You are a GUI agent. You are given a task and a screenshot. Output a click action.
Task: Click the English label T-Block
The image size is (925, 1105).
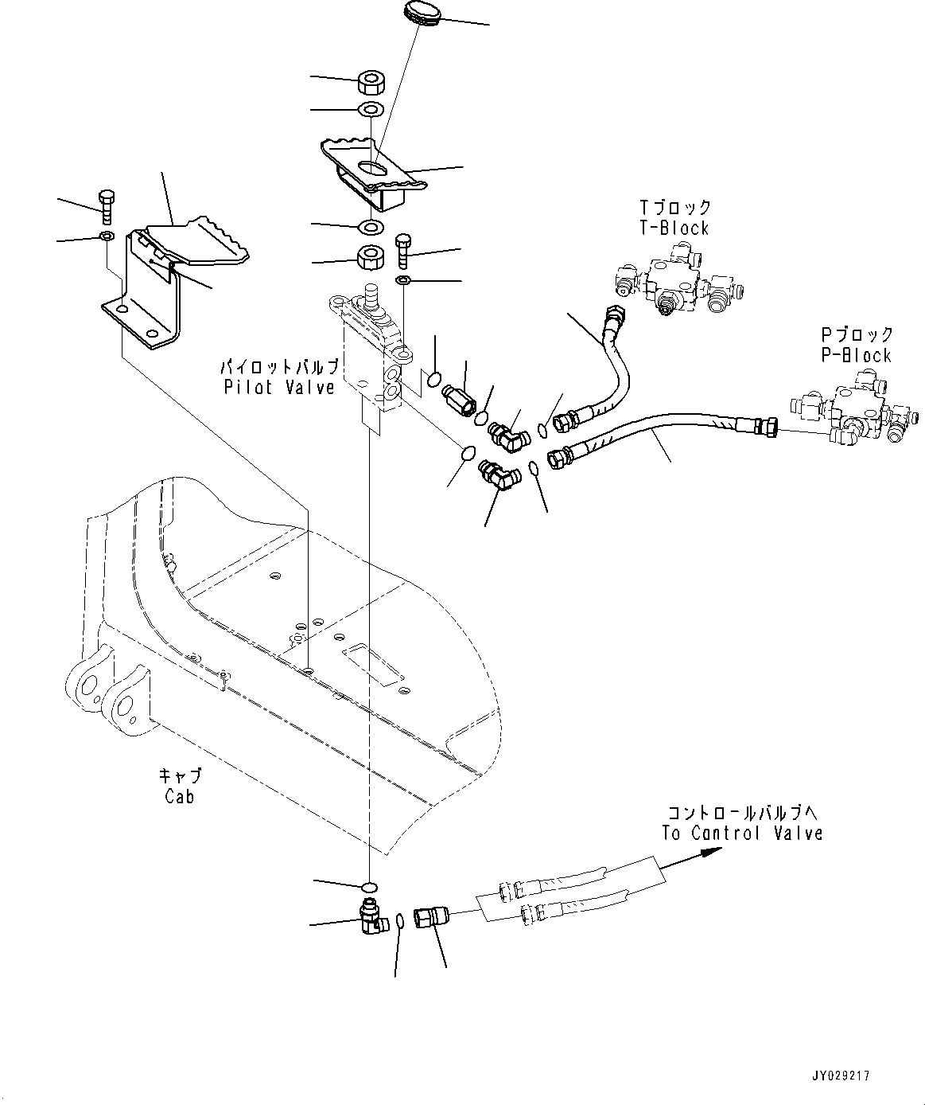674,228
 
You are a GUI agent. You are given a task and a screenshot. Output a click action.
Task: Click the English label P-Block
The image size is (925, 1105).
857,355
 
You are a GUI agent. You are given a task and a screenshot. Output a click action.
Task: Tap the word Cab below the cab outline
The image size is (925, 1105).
180,795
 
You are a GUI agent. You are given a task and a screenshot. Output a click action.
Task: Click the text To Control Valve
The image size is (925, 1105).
743,833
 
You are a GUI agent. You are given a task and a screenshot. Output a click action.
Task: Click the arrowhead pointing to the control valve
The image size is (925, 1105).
709,852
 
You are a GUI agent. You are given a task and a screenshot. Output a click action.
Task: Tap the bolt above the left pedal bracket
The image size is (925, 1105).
107,206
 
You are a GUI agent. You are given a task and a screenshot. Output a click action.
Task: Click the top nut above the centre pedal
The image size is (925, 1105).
371,82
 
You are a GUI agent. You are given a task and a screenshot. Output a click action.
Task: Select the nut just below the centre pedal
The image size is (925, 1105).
371,257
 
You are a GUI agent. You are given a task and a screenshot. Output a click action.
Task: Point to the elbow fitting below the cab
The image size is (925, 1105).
371,916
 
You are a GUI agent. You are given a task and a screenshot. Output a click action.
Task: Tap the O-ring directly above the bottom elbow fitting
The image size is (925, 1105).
370,887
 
